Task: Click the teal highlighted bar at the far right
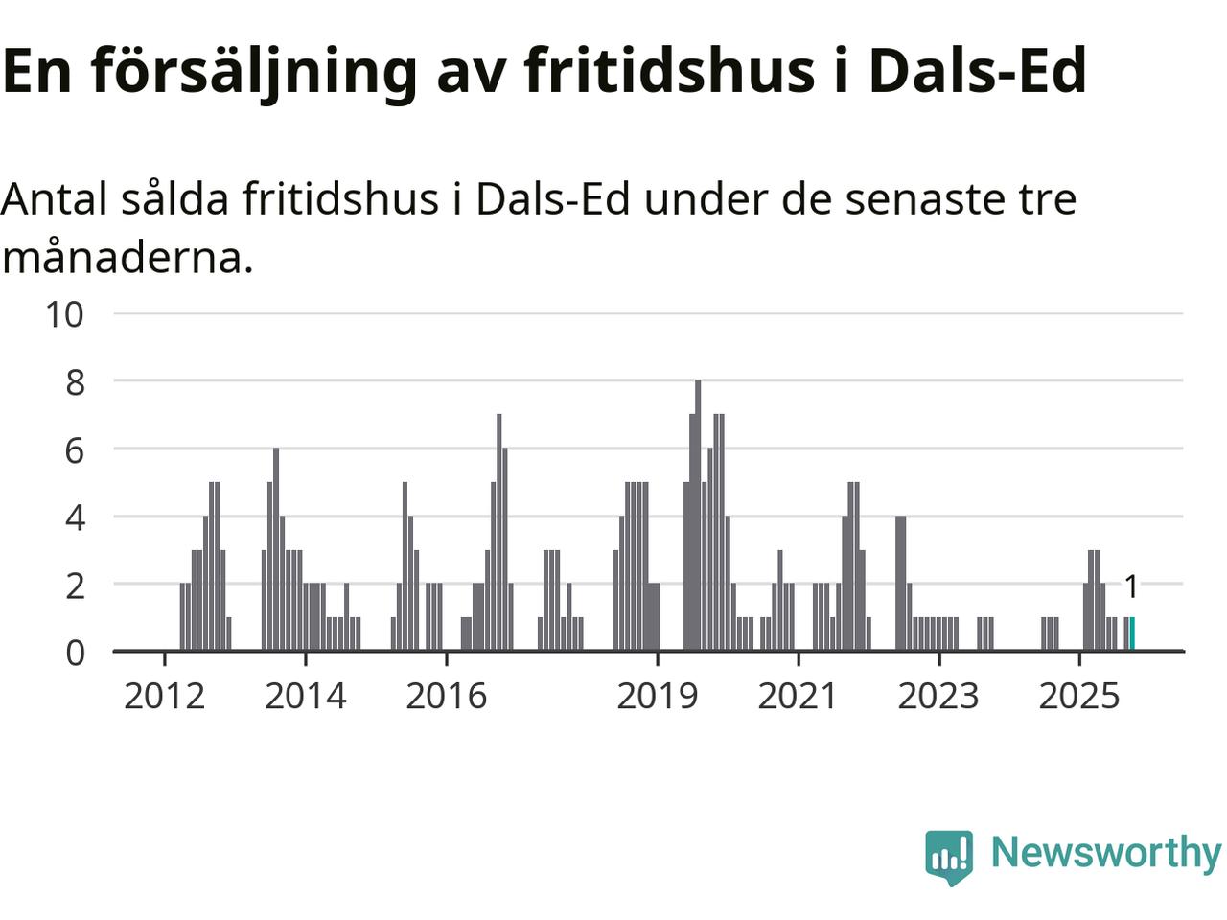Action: [1132, 634]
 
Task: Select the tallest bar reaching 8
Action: [698, 516]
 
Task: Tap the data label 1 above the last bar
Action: [1131, 586]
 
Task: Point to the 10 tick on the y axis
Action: [65, 313]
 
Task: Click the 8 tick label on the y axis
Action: [75, 382]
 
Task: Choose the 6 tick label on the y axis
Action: [75, 450]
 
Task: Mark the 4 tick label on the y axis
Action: [75, 518]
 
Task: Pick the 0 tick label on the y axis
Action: [75, 653]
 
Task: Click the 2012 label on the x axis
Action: [165, 696]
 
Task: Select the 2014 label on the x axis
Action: [306, 696]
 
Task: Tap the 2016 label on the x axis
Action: [447, 696]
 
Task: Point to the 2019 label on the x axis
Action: [658, 696]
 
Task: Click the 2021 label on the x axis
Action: [798, 696]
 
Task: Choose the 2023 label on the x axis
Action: [938, 696]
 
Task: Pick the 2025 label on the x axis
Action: [1079, 696]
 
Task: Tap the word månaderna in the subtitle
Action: [127, 258]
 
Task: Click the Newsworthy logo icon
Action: [949, 856]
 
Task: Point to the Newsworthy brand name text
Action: [1106, 852]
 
